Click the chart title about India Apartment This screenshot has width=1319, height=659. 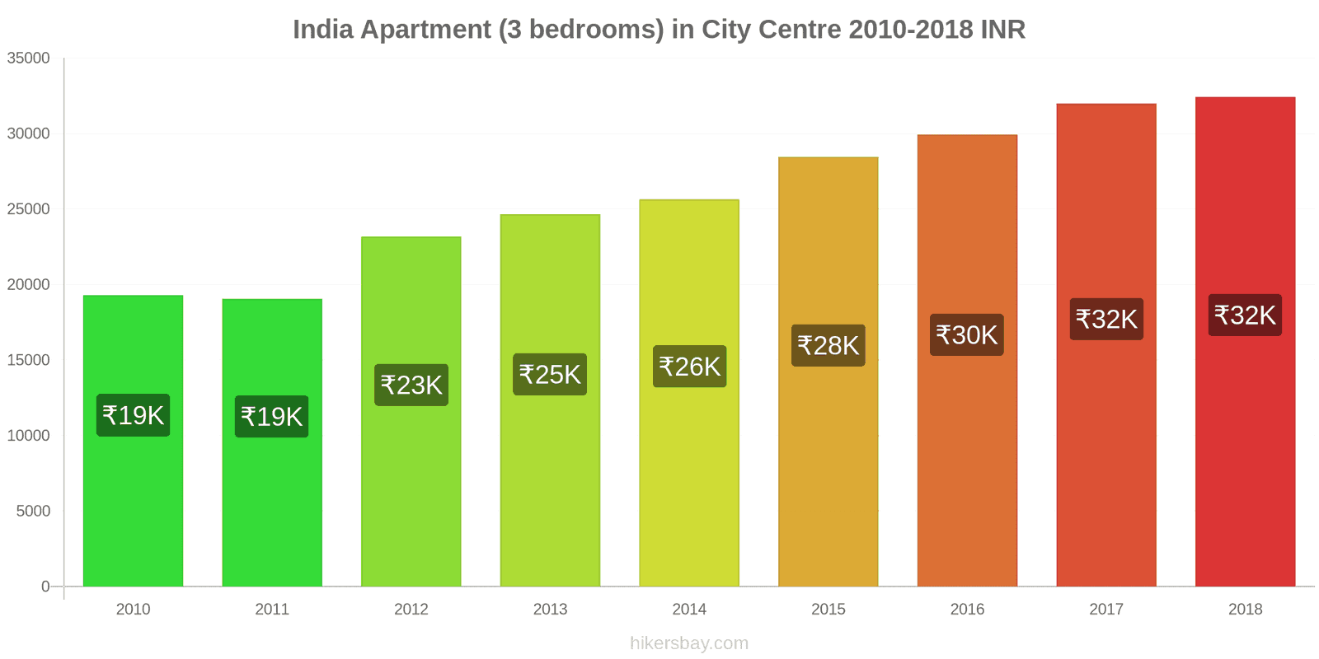tap(659, 30)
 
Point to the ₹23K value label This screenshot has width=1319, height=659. tap(411, 385)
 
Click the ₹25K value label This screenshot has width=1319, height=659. tap(550, 375)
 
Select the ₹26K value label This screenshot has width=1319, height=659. tap(689, 367)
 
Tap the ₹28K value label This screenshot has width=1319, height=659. tap(828, 345)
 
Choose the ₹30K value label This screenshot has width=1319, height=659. tap(967, 335)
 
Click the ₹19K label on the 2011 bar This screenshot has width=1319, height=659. tap(272, 417)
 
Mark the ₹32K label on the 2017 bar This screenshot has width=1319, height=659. tap(1106, 319)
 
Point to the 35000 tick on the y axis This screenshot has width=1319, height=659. tap(29, 58)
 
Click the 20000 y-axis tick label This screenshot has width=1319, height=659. tap(29, 285)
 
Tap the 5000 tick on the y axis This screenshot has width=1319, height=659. tap(33, 512)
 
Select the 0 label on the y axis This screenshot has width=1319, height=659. tap(45, 587)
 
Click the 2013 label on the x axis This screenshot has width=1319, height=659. tap(550, 610)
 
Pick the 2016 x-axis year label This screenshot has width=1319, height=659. tap(967, 610)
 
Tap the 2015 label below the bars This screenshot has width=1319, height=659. tap(828, 610)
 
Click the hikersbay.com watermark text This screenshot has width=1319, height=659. tap(689, 643)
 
